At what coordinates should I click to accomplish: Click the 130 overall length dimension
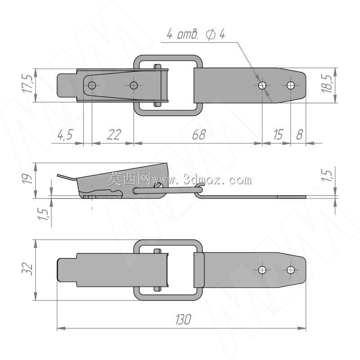point(183,319)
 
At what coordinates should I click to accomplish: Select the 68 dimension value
point(199,134)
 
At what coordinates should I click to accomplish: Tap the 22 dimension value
point(114,134)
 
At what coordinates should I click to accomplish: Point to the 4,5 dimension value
point(65,134)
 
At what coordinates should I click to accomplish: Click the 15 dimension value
point(278,134)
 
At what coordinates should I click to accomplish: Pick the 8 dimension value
point(299,134)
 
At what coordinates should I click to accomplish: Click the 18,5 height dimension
point(327,84)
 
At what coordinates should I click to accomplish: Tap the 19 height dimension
point(27,179)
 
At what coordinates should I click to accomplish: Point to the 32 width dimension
point(27,268)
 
